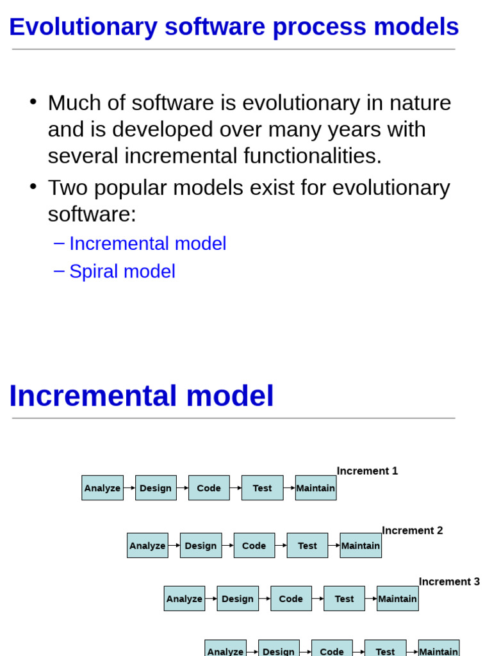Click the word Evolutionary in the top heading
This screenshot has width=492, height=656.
pyautogui.click(x=83, y=27)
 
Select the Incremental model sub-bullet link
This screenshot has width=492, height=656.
pyautogui.click(x=148, y=243)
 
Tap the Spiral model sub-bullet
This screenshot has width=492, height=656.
pyautogui.click(x=122, y=272)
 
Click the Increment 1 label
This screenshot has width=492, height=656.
pyautogui.click(x=367, y=471)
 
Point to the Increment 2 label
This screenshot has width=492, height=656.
pyautogui.click(x=412, y=530)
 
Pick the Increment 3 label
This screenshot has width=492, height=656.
pyautogui.click(x=449, y=582)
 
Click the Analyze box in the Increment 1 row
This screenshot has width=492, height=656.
pyautogui.click(x=102, y=488)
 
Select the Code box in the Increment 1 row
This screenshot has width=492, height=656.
pyautogui.click(x=209, y=488)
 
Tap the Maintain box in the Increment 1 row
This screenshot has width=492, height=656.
pyautogui.click(x=316, y=488)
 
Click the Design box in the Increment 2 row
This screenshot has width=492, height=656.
pyautogui.click(x=201, y=546)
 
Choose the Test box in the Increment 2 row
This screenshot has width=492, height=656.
pyautogui.click(x=307, y=546)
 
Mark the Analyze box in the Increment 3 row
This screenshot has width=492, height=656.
pyautogui.click(x=184, y=599)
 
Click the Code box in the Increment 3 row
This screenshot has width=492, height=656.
pyautogui.click(x=291, y=599)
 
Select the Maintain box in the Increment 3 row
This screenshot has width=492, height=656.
pyautogui.click(x=397, y=599)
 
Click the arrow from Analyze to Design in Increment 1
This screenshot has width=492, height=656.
pyautogui.click(x=129, y=488)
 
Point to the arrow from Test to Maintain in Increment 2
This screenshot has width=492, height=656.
pyautogui.click(x=334, y=546)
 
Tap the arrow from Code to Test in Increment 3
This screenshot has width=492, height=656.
pyautogui.click(x=318, y=599)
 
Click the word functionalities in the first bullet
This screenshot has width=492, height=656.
pyautogui.click(x=313, y=156)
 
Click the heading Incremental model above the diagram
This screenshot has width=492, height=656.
pyautogui.click(x=142, y=396)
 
